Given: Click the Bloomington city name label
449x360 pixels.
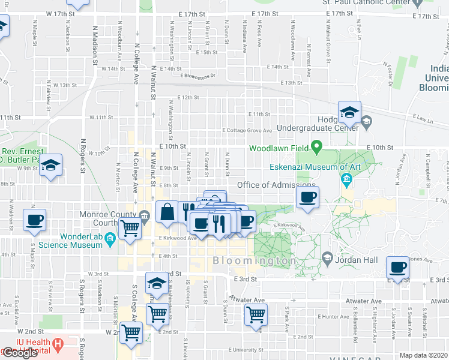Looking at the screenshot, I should pyautogui.click(x=254, y=262).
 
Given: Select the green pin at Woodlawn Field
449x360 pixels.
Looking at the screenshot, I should pyautogui.click(x=318, y=148).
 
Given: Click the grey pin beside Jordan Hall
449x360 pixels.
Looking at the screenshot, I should pyautogui.click(x=327, y=259).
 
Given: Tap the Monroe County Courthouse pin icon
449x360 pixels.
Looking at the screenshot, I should pyautogui.click(x=143, y=215).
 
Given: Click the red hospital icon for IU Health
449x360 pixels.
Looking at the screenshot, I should pyautogui.click(x=58, y=344).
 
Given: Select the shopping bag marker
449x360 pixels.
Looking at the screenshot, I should pyautogui.click(x=167, y=212).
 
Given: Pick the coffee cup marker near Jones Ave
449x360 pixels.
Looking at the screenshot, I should pyautogui.click(x=397, y=268).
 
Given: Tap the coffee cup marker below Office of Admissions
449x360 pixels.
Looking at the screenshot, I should pyautogui.click(x=307, y=198).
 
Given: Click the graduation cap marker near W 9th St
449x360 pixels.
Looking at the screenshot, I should pyautogui.click(x=52, y=165).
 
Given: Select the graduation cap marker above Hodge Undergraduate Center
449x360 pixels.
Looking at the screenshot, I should pyautogui.click(x=348, y=112).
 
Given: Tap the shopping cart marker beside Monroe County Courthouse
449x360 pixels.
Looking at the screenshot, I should pyautogui.click(x=130, y=229).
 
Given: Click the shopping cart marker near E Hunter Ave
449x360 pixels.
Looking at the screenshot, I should pyautogui.click(x=256, y=314).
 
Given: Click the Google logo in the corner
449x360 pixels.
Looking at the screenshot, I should pyautogui.click(x=20, y=353).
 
